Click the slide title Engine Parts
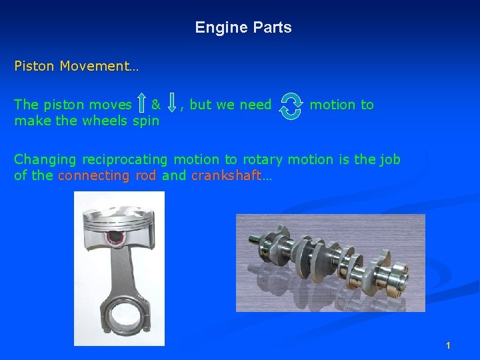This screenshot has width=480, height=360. (243, 28)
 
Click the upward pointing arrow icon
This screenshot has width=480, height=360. (141, 104)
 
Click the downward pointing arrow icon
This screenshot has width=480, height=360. (172, 104)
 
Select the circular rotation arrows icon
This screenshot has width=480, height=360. (291, 105)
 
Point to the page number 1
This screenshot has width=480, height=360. (448, 345)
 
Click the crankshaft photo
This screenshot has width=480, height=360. (331, 263)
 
